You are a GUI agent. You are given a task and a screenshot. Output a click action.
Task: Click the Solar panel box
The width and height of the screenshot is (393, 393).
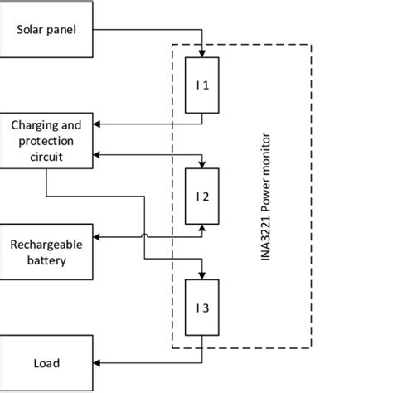point(46,30)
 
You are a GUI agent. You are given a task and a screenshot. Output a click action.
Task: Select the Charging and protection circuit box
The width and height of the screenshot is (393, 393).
point(46,140)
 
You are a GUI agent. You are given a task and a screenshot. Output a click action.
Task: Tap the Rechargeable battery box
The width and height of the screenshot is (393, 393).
point(46,252)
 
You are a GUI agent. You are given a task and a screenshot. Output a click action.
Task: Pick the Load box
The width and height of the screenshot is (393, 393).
point(46,363)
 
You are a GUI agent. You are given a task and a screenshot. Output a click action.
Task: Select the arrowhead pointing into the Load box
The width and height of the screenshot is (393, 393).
point(99,363)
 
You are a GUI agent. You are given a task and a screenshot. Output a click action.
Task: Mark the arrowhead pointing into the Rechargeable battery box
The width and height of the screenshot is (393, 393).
point(99,235)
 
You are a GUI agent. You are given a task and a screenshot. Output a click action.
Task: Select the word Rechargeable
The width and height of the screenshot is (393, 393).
point(46,245)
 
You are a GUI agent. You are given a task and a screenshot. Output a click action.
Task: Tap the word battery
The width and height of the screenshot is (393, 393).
point(46,260)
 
